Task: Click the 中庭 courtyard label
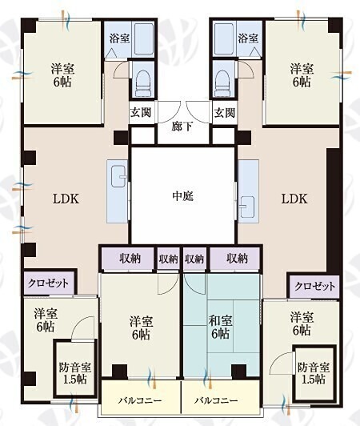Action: coord(183,196)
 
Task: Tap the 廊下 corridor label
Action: coord(182,127)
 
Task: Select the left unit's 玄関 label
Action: coord(141,112)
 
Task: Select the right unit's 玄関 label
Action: coord(225,112)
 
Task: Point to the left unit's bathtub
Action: coord(143,39)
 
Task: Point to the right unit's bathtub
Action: coord(224,39)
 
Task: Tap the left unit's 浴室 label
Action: coord(120,38)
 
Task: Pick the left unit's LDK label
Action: coord(66,199)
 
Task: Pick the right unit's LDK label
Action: coord(294,199)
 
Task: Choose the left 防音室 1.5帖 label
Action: coord(75,373)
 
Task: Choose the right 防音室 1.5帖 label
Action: coord(314,373)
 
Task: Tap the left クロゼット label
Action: coord(48,283)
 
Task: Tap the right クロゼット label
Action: coord(314,286)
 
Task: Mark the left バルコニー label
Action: coord(140,400)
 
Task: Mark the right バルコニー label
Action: coord(216,400)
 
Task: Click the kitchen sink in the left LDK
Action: coord(119,176)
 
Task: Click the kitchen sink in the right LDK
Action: coord(246,206)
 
